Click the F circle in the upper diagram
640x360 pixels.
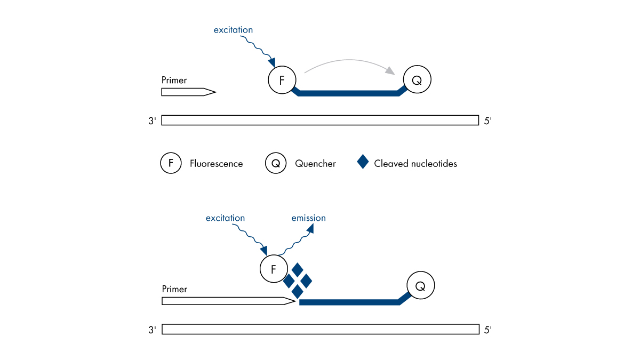[282, 81]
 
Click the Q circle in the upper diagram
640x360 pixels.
[417, 81]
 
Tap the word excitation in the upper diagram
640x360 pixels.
[233, 30]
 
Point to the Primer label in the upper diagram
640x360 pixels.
[174, 81]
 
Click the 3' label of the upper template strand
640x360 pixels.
[152, 121]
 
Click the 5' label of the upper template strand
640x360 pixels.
[487, 121]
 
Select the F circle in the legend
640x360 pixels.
[171, 163]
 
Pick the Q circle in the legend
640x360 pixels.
[276, 163]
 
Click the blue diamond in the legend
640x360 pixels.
[363, 162]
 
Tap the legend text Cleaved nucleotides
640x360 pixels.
[415, 164]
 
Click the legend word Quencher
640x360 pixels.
[315, 164]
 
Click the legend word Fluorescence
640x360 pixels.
[216, 164]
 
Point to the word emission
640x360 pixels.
[308, 218]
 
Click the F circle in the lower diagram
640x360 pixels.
[274, 269]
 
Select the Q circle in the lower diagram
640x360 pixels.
[421, 286]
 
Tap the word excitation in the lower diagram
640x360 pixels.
[225, 218]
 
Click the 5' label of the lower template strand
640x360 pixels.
[487, 330]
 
